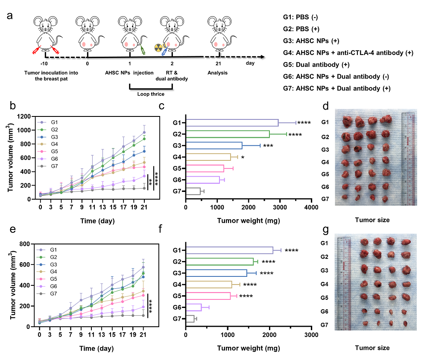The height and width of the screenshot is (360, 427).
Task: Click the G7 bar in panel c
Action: pyautogui.click(x=193, y=191)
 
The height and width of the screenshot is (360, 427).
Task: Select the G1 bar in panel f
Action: pyautogui.click(x=229, y=250)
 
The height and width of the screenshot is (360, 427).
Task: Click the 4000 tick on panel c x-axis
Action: pyautogui.click(x=311, y=207)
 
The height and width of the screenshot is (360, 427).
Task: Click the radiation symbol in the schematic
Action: pyautogui.click(x=158, y=47)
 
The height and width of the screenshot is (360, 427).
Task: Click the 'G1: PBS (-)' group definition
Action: pyautogui.click(x=300, y=18)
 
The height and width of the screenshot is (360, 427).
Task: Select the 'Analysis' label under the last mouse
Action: pyautogui.click(x=218, y=73)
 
